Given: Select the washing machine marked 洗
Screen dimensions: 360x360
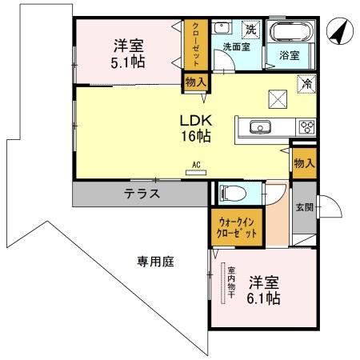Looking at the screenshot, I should pos(250,30).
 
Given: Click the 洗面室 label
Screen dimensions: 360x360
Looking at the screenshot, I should pos(237,46).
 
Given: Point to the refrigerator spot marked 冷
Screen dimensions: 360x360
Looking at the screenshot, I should pos(305,82).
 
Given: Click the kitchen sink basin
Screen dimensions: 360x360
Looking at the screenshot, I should pos(258,126).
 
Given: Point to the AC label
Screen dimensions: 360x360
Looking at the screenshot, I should pos(195,166).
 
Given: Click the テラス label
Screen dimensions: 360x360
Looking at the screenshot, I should pos(142,193).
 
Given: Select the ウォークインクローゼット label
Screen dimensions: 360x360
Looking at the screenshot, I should pos(237,229).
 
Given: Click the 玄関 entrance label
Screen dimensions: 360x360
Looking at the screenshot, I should pos(303,209).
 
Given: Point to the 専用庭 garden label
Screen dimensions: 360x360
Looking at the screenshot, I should pos(154,261).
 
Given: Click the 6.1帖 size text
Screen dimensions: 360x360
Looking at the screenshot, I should pos(263,299).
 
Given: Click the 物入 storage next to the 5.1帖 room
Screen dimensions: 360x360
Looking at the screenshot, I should pos(195,81).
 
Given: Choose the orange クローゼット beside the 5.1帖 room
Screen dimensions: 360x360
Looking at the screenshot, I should pos(196,46).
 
